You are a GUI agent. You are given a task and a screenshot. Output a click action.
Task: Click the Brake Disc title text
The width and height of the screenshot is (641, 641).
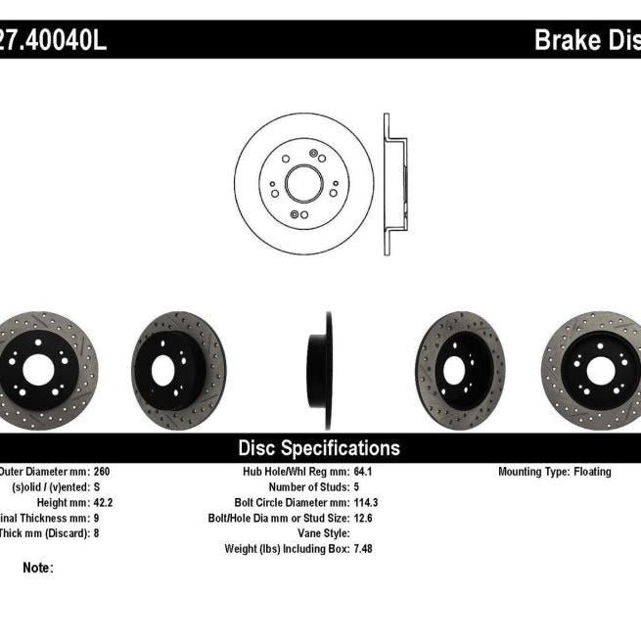coord(586,40)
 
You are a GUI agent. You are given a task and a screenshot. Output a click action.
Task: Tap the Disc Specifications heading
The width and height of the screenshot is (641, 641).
coord(319,448)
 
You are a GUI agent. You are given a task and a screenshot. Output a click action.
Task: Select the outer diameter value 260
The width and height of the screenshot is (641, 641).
coord(102,472)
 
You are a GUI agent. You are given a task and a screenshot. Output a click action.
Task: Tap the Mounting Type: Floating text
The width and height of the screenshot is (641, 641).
coord(555,472)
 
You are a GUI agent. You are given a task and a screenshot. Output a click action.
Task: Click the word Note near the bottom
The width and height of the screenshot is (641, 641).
coord(37,568)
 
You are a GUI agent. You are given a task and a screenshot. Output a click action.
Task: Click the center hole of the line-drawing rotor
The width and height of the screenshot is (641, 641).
coord(303,183)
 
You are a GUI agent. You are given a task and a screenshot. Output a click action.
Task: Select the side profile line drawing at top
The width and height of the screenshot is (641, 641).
coord(394,183)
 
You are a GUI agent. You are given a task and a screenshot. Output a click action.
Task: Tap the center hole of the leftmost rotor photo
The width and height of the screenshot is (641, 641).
coord(38,370)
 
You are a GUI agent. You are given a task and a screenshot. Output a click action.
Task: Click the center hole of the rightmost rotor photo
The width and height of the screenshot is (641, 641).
coord(598,370)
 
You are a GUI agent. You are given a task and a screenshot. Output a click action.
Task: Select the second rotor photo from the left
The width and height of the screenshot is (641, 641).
coord(177,370)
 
